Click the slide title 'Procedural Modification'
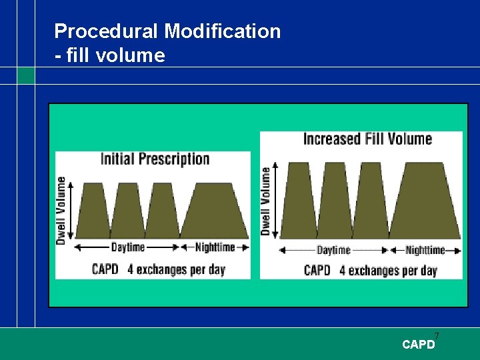tap(167, 31)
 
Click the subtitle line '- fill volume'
tap(109, 55)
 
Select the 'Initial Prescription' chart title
tap(155, 159)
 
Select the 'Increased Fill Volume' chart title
tap(367, 139)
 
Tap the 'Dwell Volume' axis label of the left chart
tap(61, 210)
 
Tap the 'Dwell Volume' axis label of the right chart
tap(266, 201)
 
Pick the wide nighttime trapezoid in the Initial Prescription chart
tap(213, 211)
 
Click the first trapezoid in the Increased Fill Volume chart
tap(299, 200)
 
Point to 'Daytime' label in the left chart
tap(127, 247)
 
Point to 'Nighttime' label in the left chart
tap(215, 247)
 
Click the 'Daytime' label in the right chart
tap(333, 251)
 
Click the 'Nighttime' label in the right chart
tap(425, 251)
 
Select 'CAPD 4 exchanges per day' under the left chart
tap(158, 269)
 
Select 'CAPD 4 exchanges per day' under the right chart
tap(370, 270)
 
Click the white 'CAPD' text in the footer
tap(418, 345)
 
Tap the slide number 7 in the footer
tap(437, 335)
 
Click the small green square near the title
tap(26, 75)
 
